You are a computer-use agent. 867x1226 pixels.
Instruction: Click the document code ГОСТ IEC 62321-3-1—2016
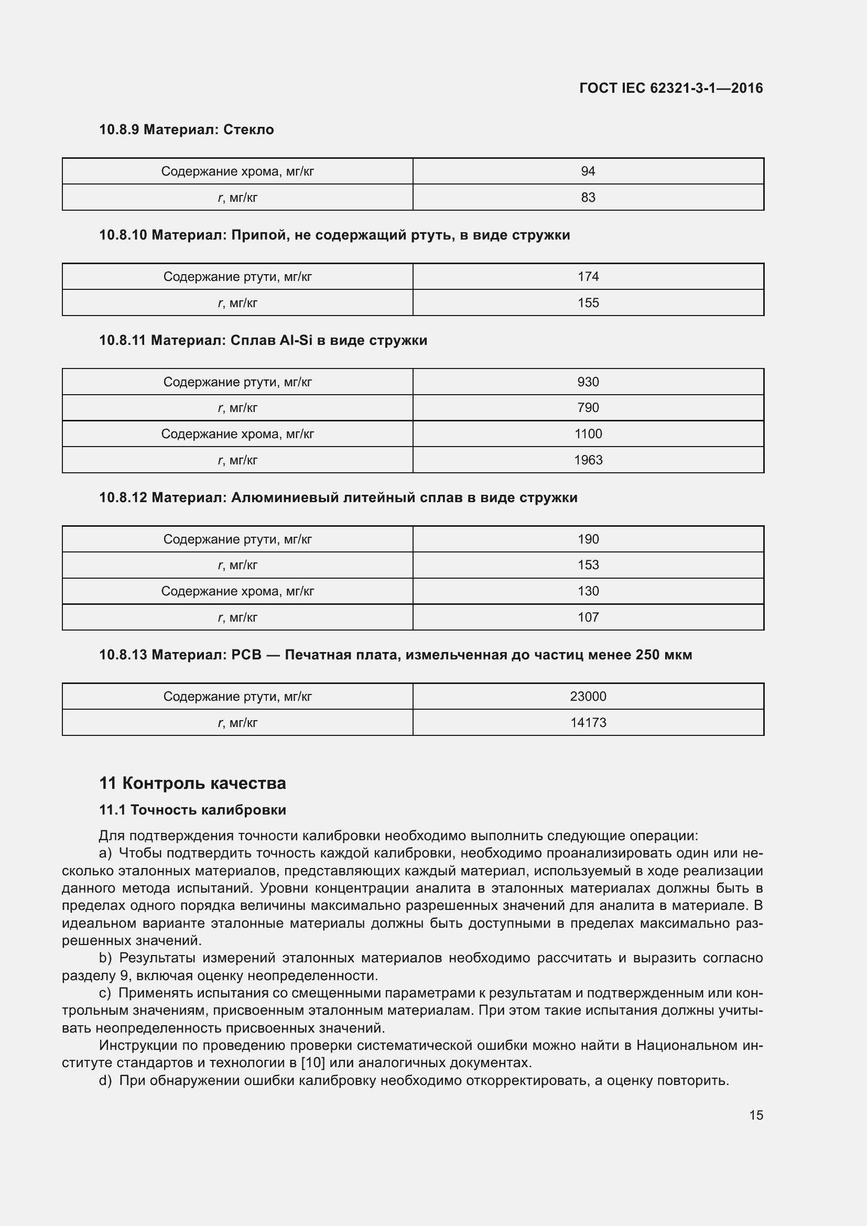click(671, 88)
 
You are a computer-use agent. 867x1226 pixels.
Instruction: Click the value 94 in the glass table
click(588, 171)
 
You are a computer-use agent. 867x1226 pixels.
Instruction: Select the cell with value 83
click(588, 198)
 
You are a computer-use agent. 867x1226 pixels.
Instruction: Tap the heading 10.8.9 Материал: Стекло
click(186, 130)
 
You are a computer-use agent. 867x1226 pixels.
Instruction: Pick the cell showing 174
click(588, 277)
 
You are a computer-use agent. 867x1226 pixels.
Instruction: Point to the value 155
click(588, 303)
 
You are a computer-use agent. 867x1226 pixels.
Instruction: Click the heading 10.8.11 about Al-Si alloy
click(263, 340)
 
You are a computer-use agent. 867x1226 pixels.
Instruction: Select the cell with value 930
click(588, 382)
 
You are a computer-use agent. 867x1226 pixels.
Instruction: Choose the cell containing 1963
click(588, 460)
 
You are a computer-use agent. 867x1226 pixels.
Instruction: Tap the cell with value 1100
click(588, 434)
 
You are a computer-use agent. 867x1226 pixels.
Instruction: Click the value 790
click(588, 408)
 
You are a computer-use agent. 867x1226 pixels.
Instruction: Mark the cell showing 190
click(588, 539)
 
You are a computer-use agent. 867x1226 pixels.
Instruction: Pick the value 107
click(588, 617)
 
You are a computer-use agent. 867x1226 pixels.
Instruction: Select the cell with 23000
click(588, 696)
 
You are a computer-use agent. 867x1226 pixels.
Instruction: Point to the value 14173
click(588, 722)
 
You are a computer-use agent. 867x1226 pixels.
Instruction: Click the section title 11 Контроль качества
click(192, 783)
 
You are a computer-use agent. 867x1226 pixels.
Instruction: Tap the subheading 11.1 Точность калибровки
click(192, 810)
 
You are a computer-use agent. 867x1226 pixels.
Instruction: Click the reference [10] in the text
click(313, 1062)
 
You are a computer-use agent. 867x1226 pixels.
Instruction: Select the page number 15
click(756, 1115)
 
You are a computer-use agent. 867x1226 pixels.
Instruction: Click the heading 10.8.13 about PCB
click(395, 655)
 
